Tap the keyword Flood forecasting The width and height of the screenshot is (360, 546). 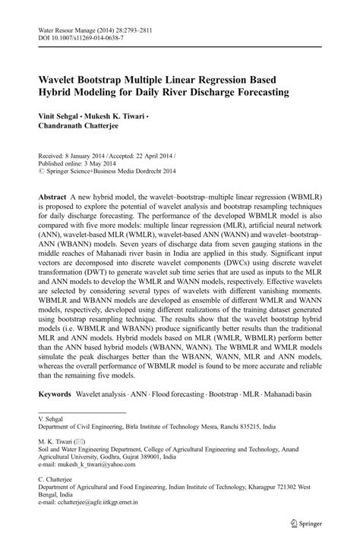pos(169,395)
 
